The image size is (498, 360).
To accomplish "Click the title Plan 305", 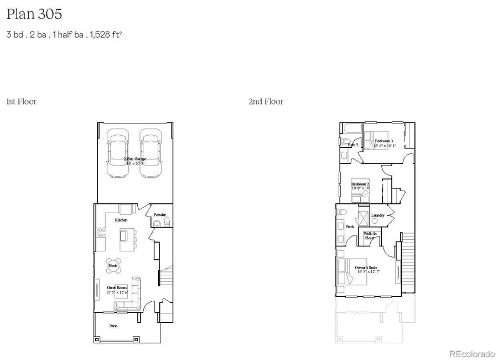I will click(x=30, y=14).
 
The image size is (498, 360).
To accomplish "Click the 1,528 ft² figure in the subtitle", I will click(x=103, y=34).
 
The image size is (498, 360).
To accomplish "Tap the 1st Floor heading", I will click(x=21, y=101).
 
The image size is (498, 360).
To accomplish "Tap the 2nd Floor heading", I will click(x=266, y=101).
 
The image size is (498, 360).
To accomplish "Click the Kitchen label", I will click(x=121, y=220).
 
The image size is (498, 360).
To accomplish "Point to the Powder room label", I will click(x=160, y=215).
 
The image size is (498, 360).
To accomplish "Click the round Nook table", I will click(x=113, y=265).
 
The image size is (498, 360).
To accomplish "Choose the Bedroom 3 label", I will click(x=383, y=141).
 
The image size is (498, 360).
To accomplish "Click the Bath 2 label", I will click(x=353, y=145).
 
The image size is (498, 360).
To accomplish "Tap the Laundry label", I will click(x=378, y=215).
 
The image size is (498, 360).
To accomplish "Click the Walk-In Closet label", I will click(x=370, y=235).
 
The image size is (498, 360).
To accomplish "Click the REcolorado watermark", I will click(x=471, y=354).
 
